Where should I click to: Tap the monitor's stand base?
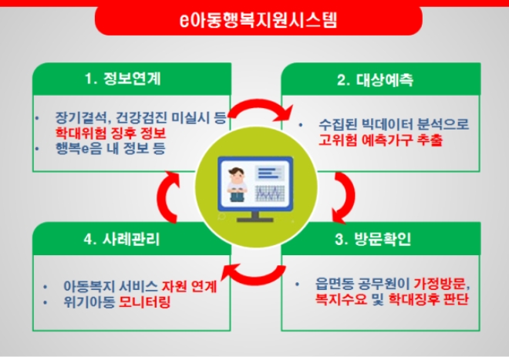point(254,218)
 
